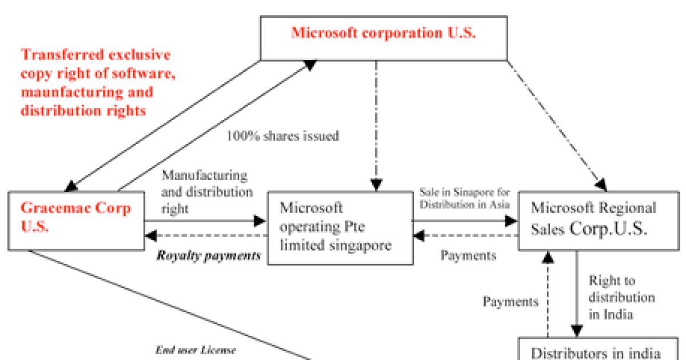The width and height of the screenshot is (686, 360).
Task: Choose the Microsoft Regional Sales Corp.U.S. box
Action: (x=596, y=220)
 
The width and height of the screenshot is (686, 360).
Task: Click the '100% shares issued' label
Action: (x=283, y=137)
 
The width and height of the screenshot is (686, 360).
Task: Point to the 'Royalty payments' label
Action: (x=209, y=255)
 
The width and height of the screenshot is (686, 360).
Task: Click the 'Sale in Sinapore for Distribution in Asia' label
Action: (x=465, y=197)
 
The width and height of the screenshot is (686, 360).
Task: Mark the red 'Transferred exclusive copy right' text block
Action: (x=95, y=83)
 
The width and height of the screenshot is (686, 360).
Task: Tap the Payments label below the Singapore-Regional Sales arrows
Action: (x=468, y=255)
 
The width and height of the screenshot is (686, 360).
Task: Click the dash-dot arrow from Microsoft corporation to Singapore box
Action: (x=376, y=126)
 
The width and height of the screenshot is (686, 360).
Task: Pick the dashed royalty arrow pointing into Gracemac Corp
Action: (x=206, y=235)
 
